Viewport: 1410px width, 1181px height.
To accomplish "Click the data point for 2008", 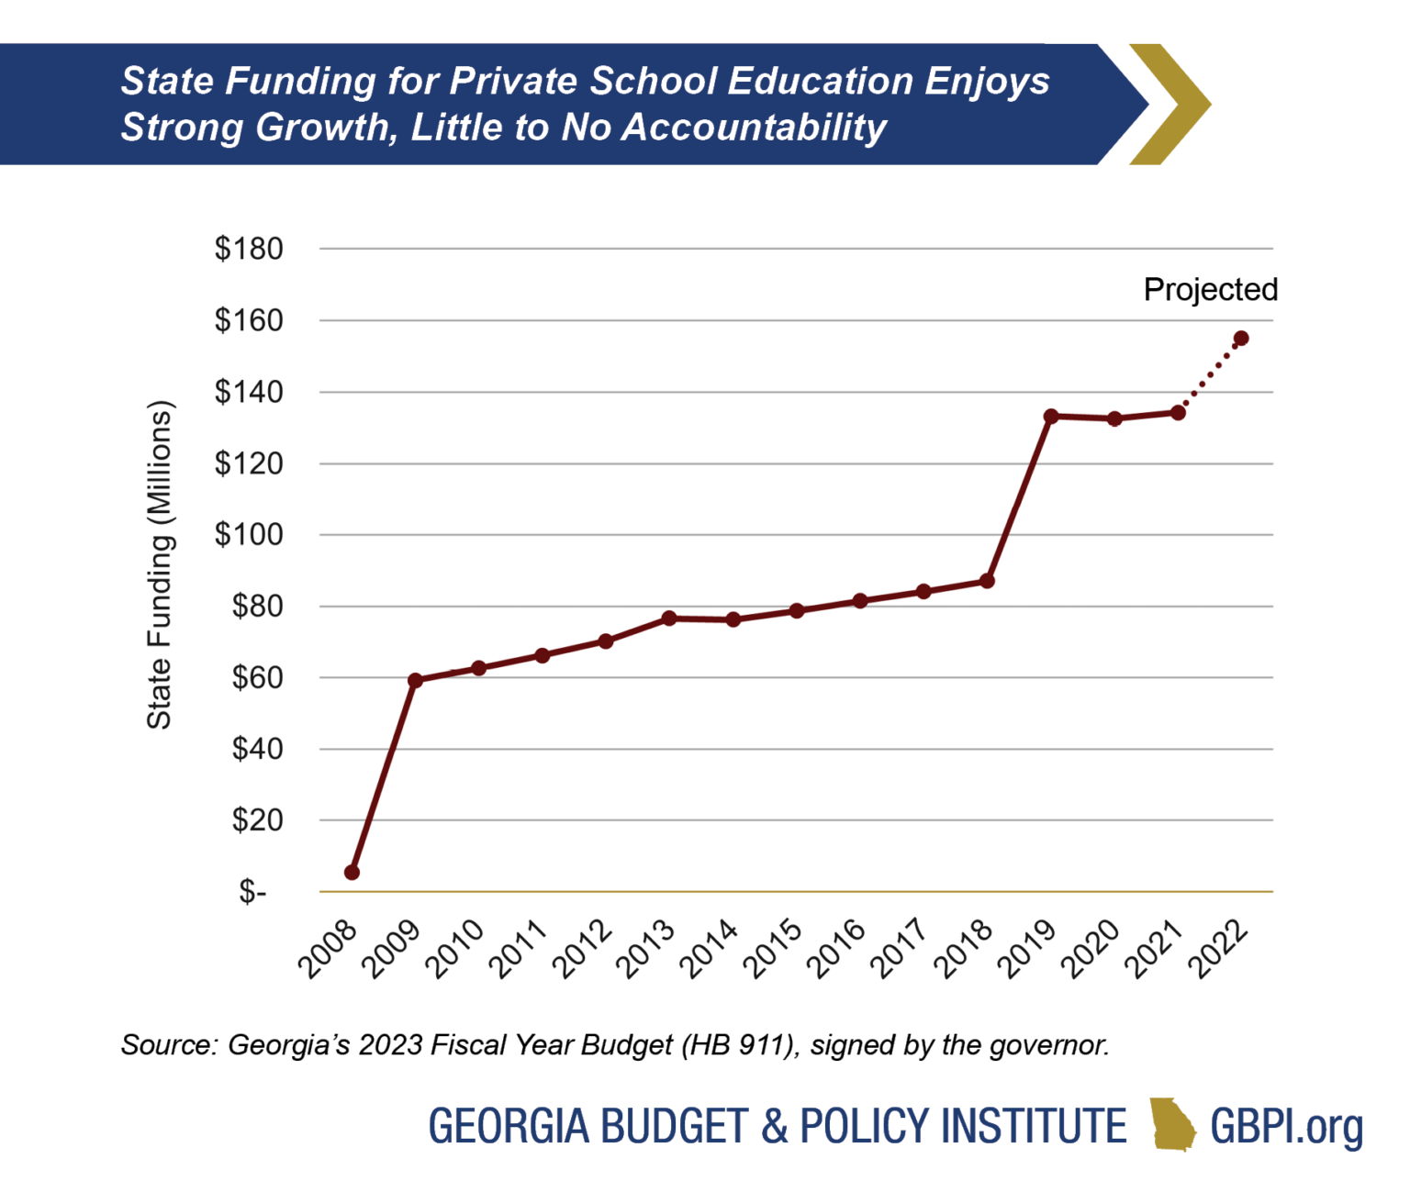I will [x=352, y=872].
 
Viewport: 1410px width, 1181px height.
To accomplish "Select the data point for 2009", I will [x=415, y=680].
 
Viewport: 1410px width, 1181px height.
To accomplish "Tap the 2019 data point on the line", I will [x=1051, y=417].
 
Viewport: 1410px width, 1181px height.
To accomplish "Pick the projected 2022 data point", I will [x=1241, y=339].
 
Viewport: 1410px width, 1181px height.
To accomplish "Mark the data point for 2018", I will [x=987, y=581].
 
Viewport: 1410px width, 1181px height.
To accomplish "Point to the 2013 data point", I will [x=669, y=618].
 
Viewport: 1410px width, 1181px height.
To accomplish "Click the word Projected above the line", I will [x=1210, y=290].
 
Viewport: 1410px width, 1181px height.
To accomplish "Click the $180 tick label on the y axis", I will [x=249, y=249].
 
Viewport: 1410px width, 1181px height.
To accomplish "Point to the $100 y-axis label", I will [x=249, y=535].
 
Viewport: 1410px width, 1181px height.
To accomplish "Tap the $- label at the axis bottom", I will [x=252, y=892].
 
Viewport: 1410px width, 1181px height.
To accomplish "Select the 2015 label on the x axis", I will [x=771, y=949].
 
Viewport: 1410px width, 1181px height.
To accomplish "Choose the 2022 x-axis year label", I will [x=1217, y=949].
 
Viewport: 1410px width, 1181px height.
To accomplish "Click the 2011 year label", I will [x=517, y=949].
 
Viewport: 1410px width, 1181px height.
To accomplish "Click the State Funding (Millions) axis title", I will [x=160, y=565].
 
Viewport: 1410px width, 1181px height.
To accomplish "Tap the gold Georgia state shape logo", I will [x=1172, y=1124].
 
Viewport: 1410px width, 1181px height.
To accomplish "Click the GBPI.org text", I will [x=1286, y=1126].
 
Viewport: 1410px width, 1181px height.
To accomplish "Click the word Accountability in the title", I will [x=754, y=128].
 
